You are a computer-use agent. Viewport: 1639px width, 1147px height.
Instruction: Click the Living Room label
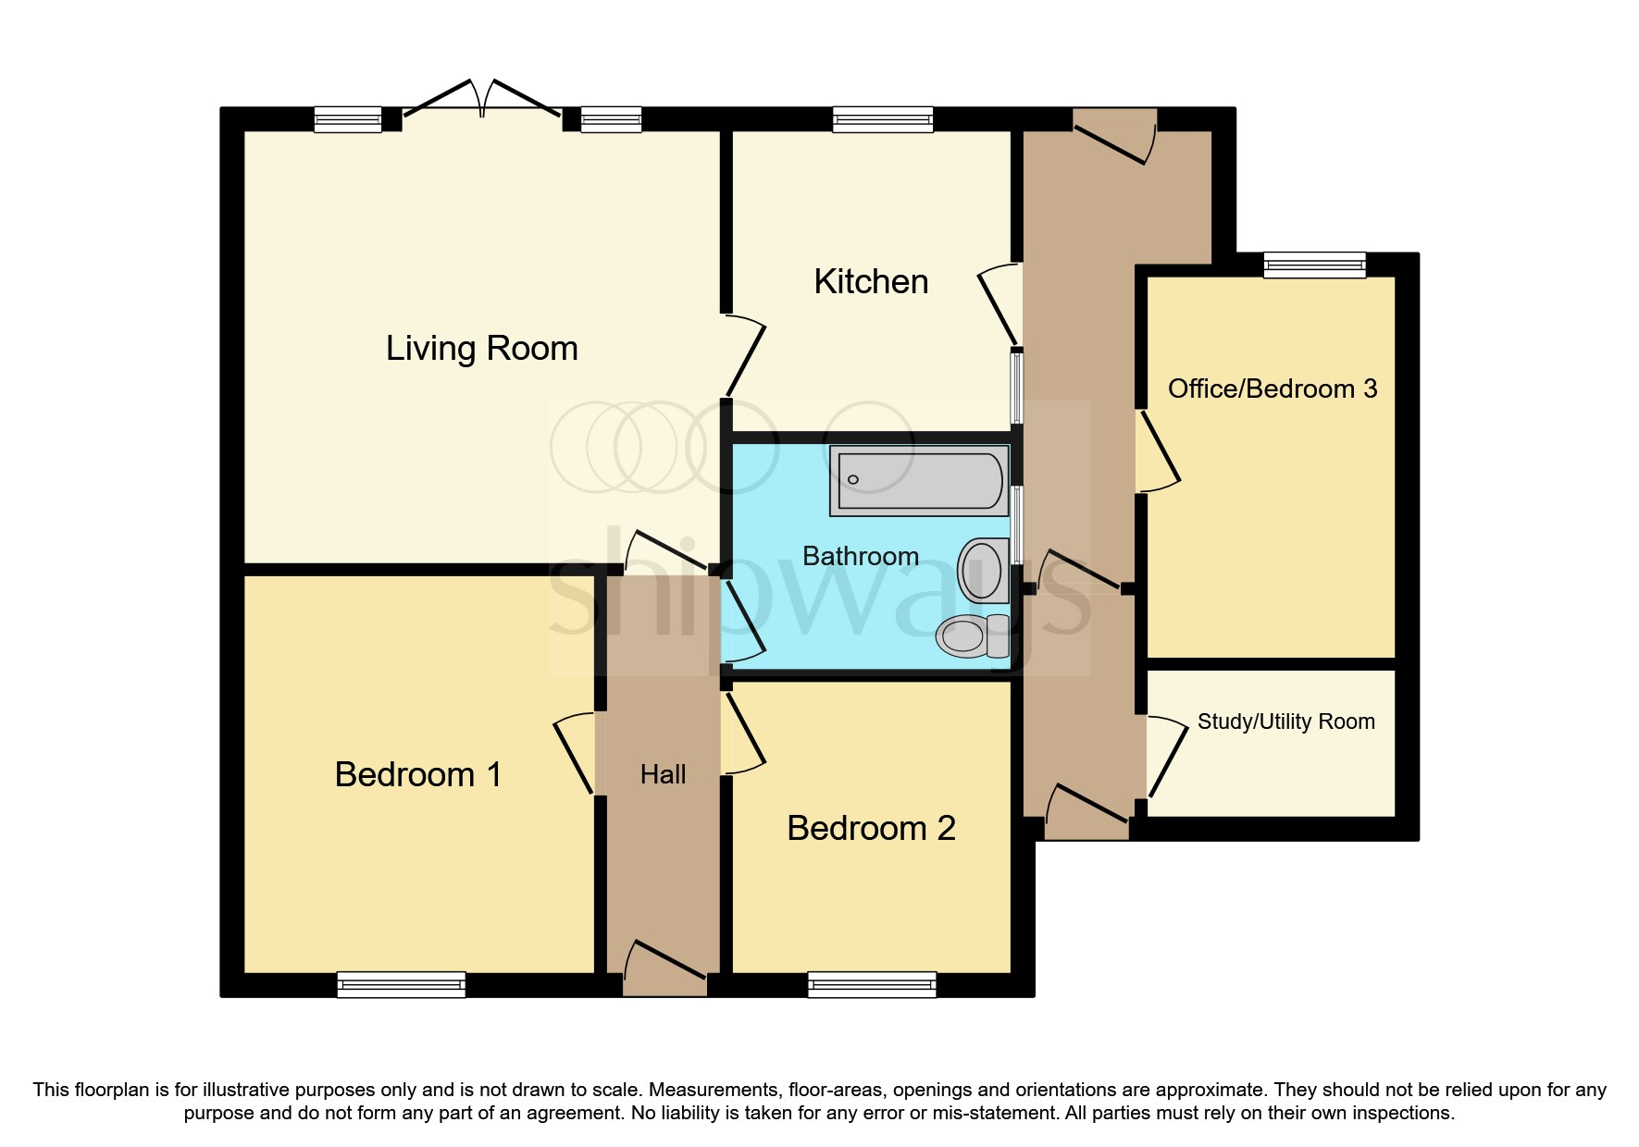coord(481,349)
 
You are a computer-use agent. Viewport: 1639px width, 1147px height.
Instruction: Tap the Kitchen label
coord(871,281)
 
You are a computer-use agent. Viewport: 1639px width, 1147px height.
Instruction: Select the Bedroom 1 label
coord(418,774)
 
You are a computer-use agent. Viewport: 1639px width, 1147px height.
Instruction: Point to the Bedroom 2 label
coord(871,828)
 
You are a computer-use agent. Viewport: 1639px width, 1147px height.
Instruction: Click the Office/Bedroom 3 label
coord(1273,388)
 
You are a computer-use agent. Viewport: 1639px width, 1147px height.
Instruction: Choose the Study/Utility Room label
coord(1285,721)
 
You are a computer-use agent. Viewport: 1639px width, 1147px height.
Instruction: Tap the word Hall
coord(663,774)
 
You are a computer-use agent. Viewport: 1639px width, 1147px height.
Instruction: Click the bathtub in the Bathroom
coord(919,480)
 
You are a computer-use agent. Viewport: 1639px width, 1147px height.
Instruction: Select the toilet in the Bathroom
coord(972,635)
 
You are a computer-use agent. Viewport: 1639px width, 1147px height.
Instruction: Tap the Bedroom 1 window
coord(401,984)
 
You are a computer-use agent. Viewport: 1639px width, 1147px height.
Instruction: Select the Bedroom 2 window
coord(872,984)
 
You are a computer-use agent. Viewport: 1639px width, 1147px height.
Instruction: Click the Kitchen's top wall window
coord(882,119)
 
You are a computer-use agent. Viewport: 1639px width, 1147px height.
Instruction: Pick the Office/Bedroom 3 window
coord(1314,265)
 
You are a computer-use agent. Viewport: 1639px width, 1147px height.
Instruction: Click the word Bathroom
coord(860,556)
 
